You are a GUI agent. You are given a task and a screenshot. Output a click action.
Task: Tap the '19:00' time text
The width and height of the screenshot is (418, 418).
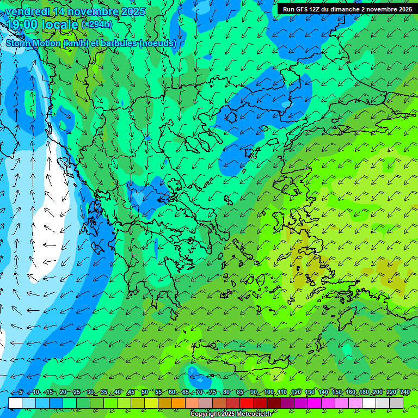pyautogui.click(x=22, y=24)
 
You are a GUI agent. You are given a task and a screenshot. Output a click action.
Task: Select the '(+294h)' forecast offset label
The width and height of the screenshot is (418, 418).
pyautogui.click(x=97, y=24)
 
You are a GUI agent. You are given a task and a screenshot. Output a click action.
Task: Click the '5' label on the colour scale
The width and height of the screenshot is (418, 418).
pyautogui.click(x=21, y=392)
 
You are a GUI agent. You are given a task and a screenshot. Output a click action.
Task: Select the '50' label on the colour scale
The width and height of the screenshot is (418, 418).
pyautogui.click(x=144, y=392)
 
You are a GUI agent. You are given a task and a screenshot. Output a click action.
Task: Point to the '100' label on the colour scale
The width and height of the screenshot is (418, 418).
pyautogui.click(x=268, y=392)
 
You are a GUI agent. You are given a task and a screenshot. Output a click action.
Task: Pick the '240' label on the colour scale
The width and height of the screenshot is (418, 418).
pyautogui.click(x=404, y=392)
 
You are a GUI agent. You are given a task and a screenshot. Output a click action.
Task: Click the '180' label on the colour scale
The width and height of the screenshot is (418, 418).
pyautogui.click(x=364, y=392)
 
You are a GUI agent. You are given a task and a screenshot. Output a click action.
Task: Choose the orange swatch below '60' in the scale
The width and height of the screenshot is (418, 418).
pyautogui.click(x=179, y=403)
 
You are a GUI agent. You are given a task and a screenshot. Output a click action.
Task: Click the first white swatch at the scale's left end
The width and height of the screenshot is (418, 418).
pyautogui.click(x=15, y=403)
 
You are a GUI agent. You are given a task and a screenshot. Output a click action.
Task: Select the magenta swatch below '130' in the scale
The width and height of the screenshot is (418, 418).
pyautogui.click(x=315, y=403)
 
